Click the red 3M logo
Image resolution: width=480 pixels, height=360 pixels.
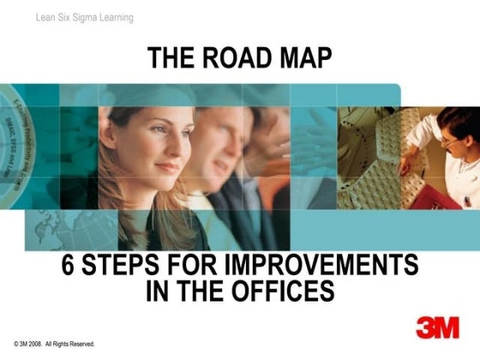pos(436,326)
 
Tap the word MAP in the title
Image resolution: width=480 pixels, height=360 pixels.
pos(303,58)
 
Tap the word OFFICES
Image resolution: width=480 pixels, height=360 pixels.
pos(282,291)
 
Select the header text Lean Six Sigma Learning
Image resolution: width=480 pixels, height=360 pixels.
pos(85,17)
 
